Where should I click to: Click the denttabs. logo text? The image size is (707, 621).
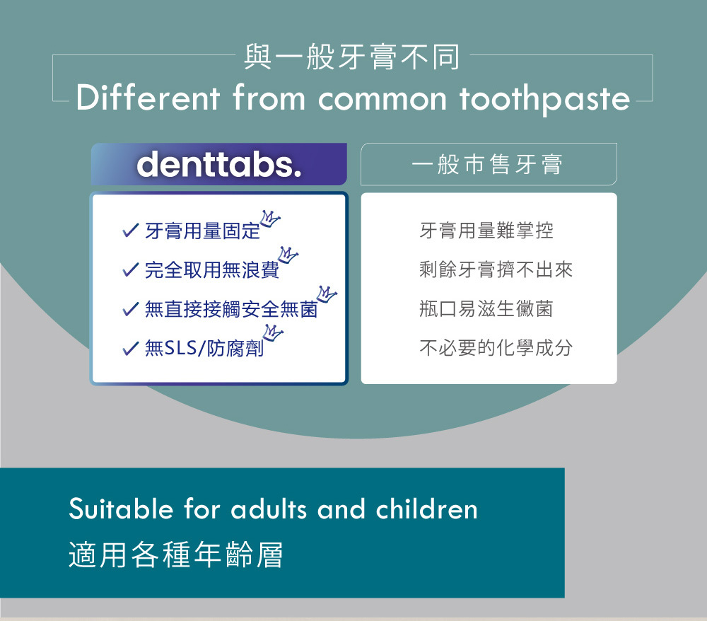pos(219,165)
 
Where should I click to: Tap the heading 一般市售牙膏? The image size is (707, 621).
pos(487,164)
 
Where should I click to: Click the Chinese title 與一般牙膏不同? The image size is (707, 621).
pos(352,57)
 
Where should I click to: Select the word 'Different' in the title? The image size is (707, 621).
pos(148,97)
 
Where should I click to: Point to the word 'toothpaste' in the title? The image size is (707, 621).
pos(544,100)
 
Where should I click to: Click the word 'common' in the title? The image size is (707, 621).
pos(382,100)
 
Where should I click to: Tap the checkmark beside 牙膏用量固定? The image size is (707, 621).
pos(130,231)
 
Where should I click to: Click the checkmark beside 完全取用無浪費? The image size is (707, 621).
pos(130,269)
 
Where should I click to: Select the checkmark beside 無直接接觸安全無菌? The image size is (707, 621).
pos(130,309)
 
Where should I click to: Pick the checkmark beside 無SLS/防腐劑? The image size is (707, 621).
pos(130,348)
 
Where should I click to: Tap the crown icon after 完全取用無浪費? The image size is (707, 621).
pos(288,255)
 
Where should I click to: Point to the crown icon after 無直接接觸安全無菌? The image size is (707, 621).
pos(327,294)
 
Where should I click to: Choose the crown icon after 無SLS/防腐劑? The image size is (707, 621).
pos(272,333)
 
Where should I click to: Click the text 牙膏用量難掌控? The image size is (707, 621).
pos(486,231)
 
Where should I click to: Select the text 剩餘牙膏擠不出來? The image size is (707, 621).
pos(496,269)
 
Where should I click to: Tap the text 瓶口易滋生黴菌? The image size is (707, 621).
pos(486,309)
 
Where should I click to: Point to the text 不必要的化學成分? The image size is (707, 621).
pos(496,348)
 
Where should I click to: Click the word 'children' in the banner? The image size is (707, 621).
pos(426,509)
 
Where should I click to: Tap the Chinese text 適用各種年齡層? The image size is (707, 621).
pos(176,555)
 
